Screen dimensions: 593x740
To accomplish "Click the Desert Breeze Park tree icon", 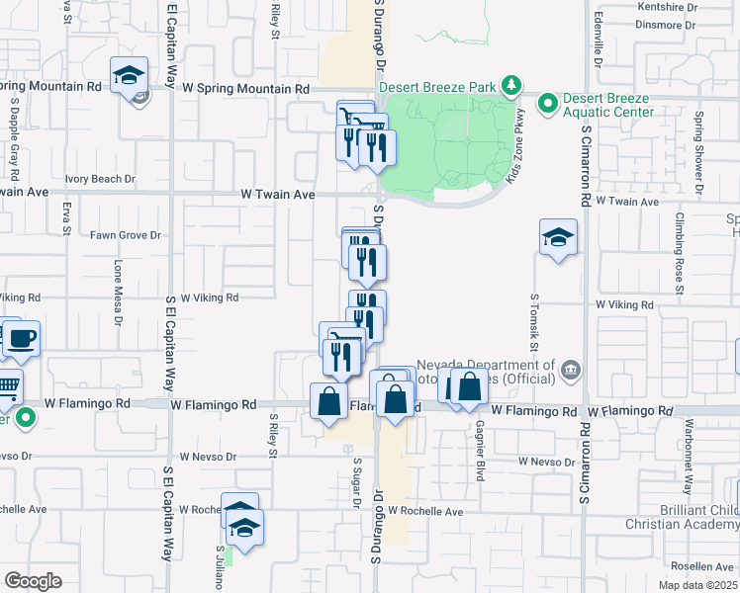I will [510, 86].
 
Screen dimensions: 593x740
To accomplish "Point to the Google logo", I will [33, 581].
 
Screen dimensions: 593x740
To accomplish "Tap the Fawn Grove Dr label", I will [126, 235].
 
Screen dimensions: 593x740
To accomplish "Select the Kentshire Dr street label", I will [668, 7].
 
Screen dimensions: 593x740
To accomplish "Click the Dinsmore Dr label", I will [669, 27].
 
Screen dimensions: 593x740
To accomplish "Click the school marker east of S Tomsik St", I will [559, 238].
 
